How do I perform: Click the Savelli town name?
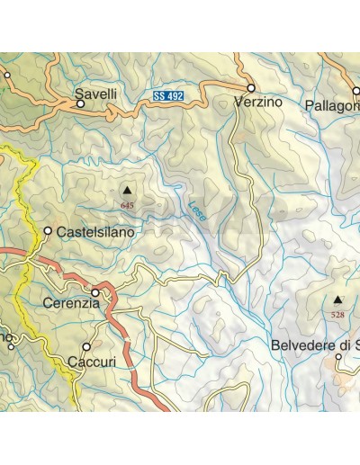(x=94, y=91)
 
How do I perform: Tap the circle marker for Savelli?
(x=80, y=103)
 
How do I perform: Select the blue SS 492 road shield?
(x=168, y=94)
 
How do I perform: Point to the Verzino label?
(x=257, y=103)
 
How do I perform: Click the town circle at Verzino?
(x=251, y=88)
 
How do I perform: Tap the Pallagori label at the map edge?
(x=332, y=105)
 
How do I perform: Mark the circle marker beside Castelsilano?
(x=48, y=231)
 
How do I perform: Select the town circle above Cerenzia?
(x=94, y=291)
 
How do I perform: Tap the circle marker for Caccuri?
(x=86, y=346)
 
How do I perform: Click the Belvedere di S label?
(x=315, y=345)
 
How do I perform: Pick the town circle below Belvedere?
(x=338, y=357)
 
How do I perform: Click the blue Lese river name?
(x=198, y=210)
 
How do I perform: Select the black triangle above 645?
(x=127, y=191)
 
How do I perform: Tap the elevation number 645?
(x=127, y=206)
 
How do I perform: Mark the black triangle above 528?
(x=337, y=300)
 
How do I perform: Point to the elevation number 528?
(x=337, y=315)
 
